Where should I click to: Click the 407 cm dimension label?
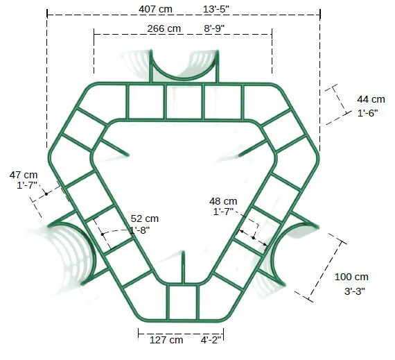(156, 10)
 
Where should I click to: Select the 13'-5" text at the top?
(217, 10)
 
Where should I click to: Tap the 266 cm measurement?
(164, 28)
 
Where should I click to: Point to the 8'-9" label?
(214, 28)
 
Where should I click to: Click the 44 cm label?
(371, 99)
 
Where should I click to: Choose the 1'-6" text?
(371, 113)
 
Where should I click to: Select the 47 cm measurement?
(24, 174)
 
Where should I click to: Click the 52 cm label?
(145, 218)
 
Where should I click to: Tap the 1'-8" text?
(139, 230)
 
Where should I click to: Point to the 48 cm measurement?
(223, 201)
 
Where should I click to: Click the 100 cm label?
(351, 277)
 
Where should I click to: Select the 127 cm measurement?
(166, 340)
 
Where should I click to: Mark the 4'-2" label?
(211, 340)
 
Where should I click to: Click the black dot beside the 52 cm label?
(102, 234)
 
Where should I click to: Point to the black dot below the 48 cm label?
(254, 239)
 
